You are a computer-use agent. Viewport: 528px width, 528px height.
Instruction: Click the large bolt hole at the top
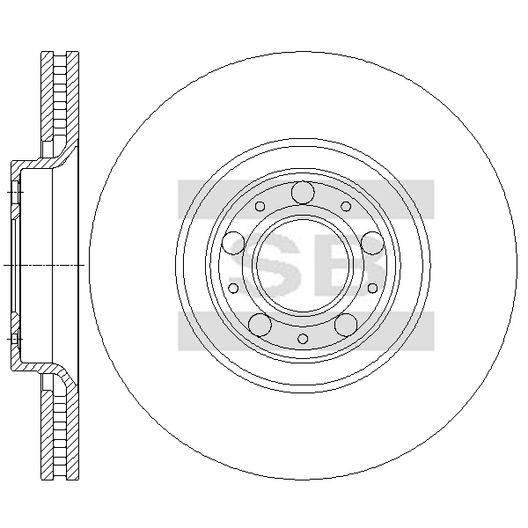[303, 193]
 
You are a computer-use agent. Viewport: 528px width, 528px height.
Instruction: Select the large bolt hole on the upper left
[233, 243]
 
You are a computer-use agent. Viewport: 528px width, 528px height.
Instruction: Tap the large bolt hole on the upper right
[372, 243]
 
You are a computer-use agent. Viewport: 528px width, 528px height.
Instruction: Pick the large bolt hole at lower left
[260, 325]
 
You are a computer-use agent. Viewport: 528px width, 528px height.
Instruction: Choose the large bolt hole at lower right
[346, 325]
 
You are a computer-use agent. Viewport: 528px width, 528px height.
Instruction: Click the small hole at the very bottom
[303, 339]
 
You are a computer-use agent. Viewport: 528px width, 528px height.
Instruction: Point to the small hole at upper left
[260, 206]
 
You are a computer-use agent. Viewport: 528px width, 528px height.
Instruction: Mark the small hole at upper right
[346, 206]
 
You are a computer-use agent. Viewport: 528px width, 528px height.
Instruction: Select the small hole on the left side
[233, 288]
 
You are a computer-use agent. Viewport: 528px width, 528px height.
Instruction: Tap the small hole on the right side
[372, 288]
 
